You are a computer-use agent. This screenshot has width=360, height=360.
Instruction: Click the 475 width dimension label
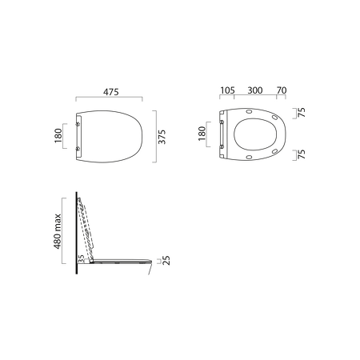[111, 92]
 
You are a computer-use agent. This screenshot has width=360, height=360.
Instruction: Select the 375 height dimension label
[162, 137]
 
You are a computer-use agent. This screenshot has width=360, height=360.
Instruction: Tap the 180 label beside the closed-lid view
[58, 135]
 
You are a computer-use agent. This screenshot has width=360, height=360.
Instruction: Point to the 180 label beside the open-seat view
[202, 134]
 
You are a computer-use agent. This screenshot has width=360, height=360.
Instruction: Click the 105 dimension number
[227, 90]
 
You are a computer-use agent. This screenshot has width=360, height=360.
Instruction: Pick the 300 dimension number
[255, 90]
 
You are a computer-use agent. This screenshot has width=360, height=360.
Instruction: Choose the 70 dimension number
[282, 90]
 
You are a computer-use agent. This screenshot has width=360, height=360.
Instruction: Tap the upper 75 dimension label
[302, 113]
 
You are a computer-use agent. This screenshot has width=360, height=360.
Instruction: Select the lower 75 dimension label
[302, 154]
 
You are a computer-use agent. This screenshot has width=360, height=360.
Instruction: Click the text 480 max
[58, 231]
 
